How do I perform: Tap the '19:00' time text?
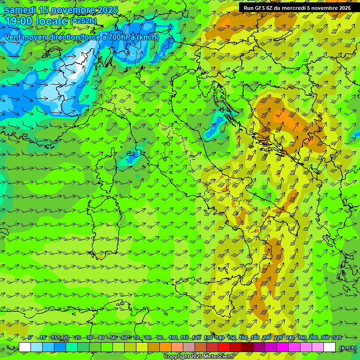pyautogui.click(x=18, y=21)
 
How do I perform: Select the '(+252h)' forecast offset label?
pyautogui.click(x=83, y=21)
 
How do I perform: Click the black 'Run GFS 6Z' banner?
pyautogui.click(x=297, y=8)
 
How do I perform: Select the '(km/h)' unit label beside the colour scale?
pyautogui.click(x=347, y=348)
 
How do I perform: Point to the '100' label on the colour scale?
pyautogui.click(x=173, y=338)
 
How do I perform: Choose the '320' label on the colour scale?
pyautogui.click(x=337, y=338)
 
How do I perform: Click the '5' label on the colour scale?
pyautogui.click(x=30, y=338)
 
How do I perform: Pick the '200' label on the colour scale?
pyautogui.click(x=267, y=338)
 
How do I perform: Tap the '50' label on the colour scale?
pyautogui.click(x=113, y=338)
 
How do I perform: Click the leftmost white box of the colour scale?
pyautogui.click(x=25, y=347)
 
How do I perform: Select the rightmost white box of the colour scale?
pyautogui.click(x=330, y=347)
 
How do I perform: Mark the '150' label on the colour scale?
pyautogui.click(x=232, y=338)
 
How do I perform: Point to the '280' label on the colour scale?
pyautogui.click(x=314, y=338)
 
